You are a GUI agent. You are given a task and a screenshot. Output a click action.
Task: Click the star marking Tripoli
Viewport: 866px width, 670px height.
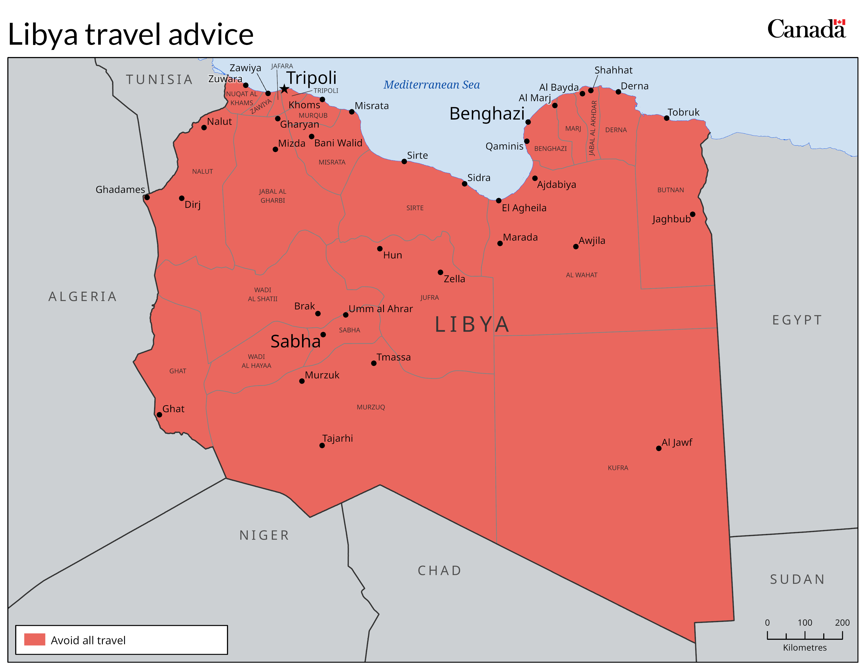284,89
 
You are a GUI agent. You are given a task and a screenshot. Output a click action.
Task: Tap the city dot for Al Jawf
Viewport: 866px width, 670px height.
659,449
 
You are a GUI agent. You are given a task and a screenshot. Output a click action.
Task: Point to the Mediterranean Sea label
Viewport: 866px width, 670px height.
431,85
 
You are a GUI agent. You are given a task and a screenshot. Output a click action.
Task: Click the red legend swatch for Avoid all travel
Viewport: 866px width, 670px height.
34,640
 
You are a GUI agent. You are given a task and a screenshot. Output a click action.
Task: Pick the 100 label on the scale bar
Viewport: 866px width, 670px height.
805,622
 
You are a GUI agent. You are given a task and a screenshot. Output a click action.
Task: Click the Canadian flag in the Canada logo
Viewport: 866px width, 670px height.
839,22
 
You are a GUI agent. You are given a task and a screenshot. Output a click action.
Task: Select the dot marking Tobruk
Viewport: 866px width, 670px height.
667,118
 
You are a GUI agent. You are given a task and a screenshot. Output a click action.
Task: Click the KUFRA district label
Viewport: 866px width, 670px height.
618,468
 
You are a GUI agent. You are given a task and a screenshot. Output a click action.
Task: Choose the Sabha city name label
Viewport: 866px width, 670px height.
295,341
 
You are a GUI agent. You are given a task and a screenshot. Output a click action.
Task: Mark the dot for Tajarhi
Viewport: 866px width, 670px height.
322,445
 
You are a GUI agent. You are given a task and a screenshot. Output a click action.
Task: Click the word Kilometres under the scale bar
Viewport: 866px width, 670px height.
805,647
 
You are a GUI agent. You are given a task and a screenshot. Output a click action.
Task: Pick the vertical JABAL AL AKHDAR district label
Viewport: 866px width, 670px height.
593,128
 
